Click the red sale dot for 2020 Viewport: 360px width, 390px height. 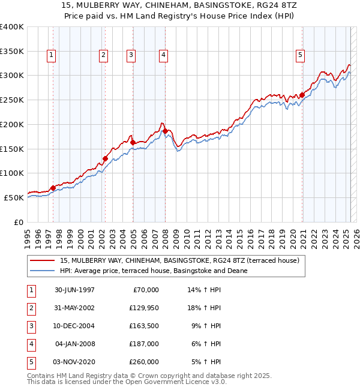(302, 94)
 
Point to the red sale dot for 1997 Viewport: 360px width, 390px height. (53, 188)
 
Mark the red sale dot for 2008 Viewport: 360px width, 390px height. (165, 130)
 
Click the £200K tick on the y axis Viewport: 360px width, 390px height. (11, 124)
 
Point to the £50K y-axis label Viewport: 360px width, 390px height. (13, 197)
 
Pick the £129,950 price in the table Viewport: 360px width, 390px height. (144, 308)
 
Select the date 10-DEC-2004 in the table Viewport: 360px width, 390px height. (74, 326)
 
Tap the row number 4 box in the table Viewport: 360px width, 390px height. (30, 344)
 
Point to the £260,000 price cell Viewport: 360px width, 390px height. (144, 362)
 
